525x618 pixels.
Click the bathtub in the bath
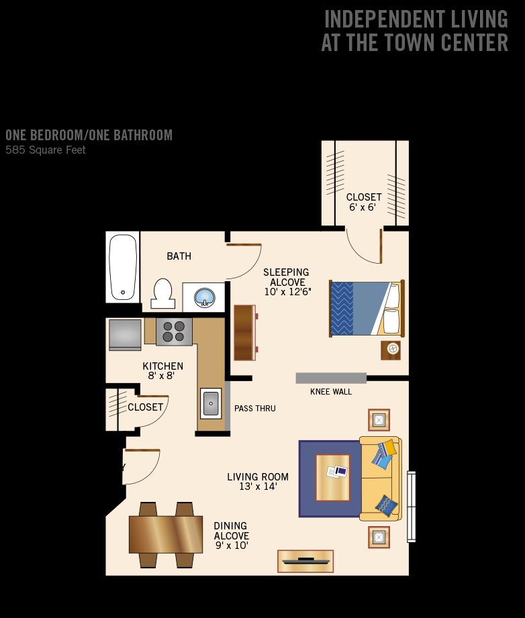pyautogui.click(x=123, y=267)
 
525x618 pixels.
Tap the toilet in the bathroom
pyautogui.click(x=162, y=294)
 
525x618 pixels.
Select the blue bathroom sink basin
pyautogui.click(x=204, y=297)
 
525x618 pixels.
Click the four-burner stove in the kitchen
pyautogui.click(x=174, y=331)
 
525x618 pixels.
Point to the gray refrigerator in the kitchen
pyautogui.click(x=125, y=335)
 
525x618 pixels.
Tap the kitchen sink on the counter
pyautogui.click(x=211, y=403)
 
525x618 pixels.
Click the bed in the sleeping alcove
pyautogui.click(x=367, y=308)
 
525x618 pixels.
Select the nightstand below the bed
pyautogui.click(x=391, y=350)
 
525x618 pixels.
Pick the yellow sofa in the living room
pyautogui.click(x=381, y=478)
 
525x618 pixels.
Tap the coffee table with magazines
pyautogui.click(x=332, y=478)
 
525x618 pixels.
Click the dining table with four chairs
pyautogui.click(x=166, y=534)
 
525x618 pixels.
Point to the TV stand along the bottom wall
pyautogui.click(x=305, y=561)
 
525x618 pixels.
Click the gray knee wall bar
pyautogui.click(x=331, y=378)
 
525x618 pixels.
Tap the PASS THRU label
pyautogui.click(x=255, y=409)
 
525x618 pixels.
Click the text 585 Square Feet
pyautogui.click(x=46, y=150)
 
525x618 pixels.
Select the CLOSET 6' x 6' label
pyautogui.click(x=364, y=202)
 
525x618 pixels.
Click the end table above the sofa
pyautogui.click(x=379, y=420)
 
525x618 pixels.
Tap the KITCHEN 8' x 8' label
pyautogui.click(x=162, y=370)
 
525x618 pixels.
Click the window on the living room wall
pyautogui.click(x=412, y=507)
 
